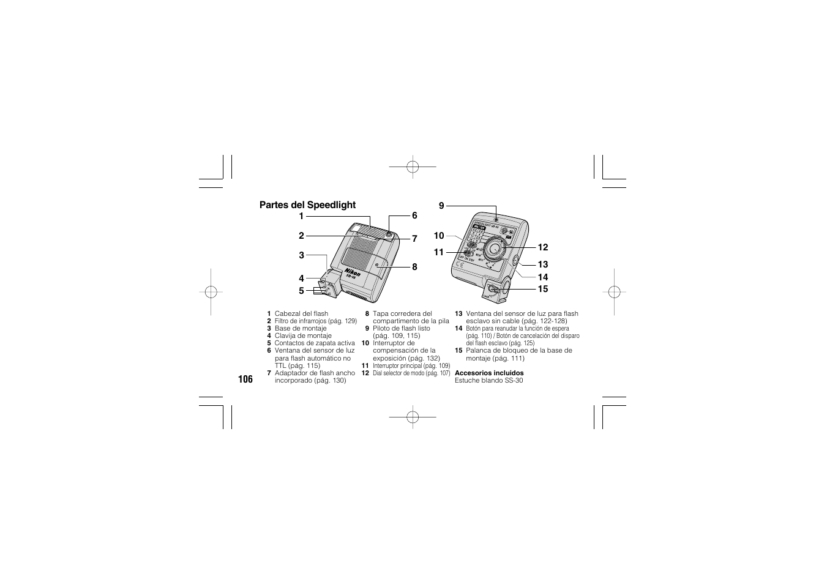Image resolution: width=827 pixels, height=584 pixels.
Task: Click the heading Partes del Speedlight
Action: coord(307,205)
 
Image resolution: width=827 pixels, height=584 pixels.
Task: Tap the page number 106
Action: coord(245,380)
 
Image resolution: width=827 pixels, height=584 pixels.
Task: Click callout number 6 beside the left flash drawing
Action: coord(414,215)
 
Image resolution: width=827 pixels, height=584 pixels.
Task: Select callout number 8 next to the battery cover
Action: coord(414,267)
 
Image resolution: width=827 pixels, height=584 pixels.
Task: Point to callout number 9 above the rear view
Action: coord(441,206)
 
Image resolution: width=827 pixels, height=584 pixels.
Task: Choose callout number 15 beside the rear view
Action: coord(543,289)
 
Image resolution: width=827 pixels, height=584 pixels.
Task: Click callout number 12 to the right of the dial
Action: coord(543,247)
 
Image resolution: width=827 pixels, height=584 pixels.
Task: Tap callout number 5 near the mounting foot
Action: coord(301,290)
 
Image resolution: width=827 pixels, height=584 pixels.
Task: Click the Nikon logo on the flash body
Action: coord(352,272)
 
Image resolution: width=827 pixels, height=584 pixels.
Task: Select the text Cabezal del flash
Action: coord(301,314)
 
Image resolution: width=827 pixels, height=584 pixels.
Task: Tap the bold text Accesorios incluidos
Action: coord(489,373)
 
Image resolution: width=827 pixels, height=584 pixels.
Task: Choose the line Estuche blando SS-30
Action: coord(488,380)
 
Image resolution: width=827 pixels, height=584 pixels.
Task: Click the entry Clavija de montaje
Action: coord(303,336)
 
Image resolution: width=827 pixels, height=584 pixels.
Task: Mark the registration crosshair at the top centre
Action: coord(413,166)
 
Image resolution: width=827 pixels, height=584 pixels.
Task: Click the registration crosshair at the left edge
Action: coord(210,292)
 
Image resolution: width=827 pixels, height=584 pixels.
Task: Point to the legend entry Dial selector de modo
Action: coord(411,373)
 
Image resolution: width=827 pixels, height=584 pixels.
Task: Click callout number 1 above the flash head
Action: coord(301,216)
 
